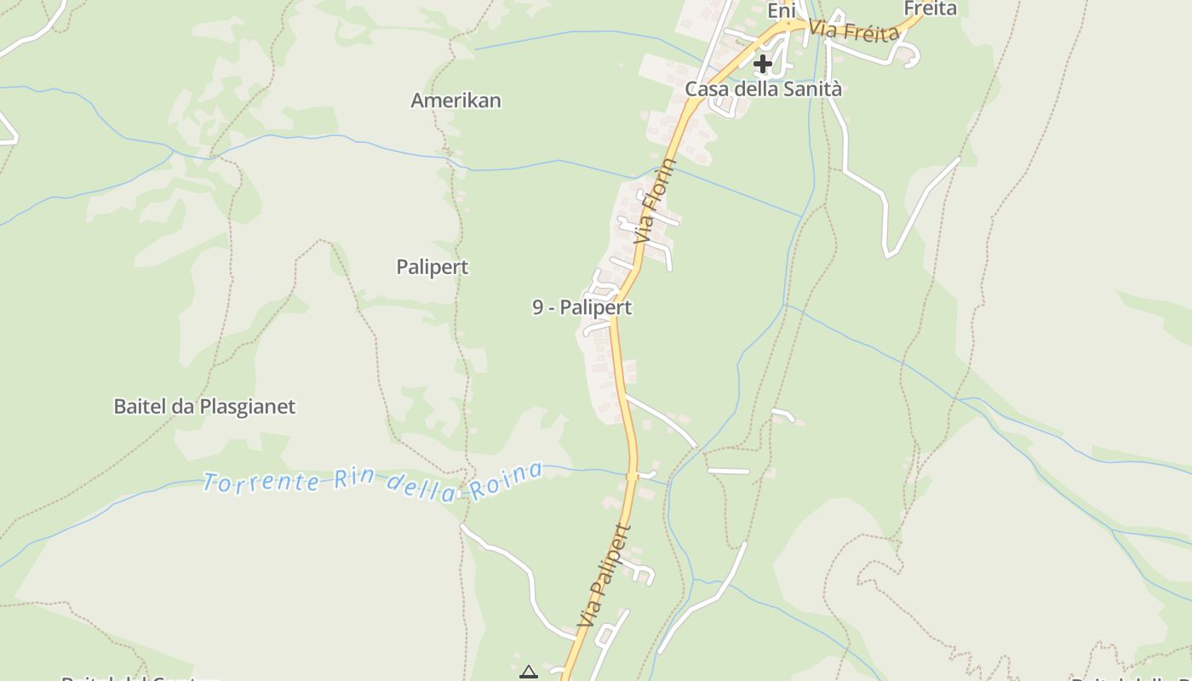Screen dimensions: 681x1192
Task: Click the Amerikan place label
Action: pos(456,100)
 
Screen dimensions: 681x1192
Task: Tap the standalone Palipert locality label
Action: pos(433,267)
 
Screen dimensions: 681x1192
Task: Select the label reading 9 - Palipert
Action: pos(582,307)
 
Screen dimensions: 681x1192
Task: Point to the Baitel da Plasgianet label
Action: pos(204,407)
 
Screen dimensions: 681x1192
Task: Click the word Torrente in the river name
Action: pos(261,483)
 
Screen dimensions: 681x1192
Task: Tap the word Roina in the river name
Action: pos(513,479)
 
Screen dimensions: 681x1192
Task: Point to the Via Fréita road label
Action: pos(854,31)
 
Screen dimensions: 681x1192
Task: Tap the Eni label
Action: pos(782,11)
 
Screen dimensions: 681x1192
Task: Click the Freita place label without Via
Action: pos(930,9)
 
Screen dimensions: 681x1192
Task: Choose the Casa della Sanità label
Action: pos(764,89)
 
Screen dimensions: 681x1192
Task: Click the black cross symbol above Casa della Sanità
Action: pos(763,63)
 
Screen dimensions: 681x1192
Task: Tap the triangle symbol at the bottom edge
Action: pos(529,673)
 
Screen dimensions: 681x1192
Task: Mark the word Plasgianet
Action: pos(248,407)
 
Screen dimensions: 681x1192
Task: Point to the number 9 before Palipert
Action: pos(538,307)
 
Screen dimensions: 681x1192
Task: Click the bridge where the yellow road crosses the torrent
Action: pos(632,475)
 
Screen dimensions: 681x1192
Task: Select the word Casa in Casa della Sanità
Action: pos(706,89)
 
